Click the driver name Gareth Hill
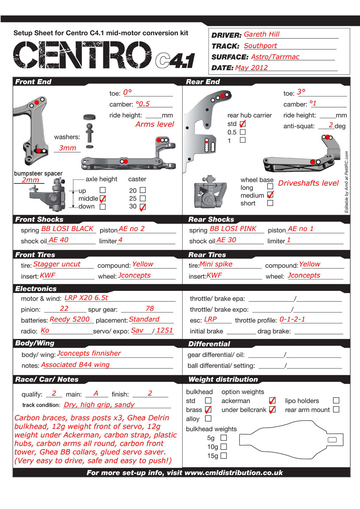[262, 35]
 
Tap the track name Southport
[260, 46]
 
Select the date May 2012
[252, 68]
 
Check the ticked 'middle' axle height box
[102, 198]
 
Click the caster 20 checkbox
[143, 190]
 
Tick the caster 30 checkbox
[143, 207]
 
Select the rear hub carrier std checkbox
[243, 124]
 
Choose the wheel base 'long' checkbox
[270, 186]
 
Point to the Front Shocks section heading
[39, 219]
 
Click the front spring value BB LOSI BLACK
[67, 229]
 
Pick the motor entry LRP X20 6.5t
[86, 298]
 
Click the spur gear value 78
[150, 309]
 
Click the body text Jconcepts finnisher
[89, 353]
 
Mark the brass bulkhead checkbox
[208, 410]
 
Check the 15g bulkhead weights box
[224, 456]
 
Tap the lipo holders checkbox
[336, 400]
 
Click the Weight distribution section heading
[223, 379]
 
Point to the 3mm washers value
[67, 148]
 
